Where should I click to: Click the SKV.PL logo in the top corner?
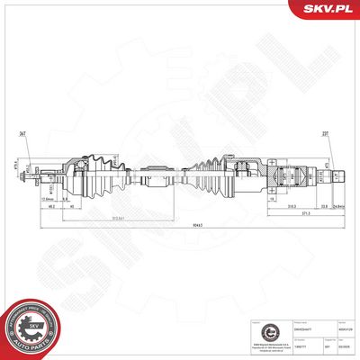[328, 10]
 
